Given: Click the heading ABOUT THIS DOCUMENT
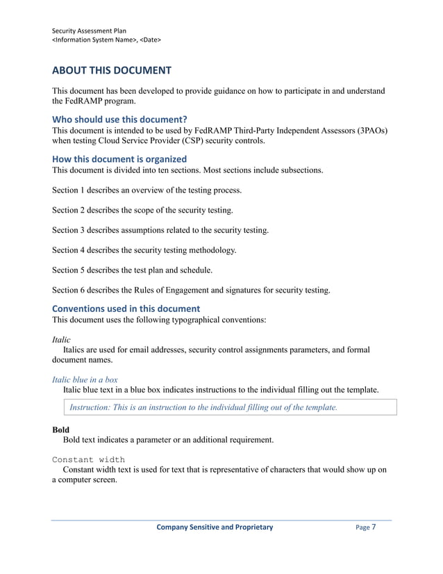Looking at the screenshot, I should coord(111,70).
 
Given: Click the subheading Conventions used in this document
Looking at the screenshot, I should coord(126,308).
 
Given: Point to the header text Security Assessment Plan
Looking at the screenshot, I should coord(90,30).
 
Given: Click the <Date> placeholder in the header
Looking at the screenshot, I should coord(151,40).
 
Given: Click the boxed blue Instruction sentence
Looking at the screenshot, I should coord(203,407).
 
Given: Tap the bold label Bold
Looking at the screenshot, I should coord(61,429).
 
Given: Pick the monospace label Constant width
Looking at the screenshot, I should coord(88,459).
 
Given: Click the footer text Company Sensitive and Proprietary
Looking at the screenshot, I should coord(215,527).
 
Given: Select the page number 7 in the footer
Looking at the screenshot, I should coord(374,527).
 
